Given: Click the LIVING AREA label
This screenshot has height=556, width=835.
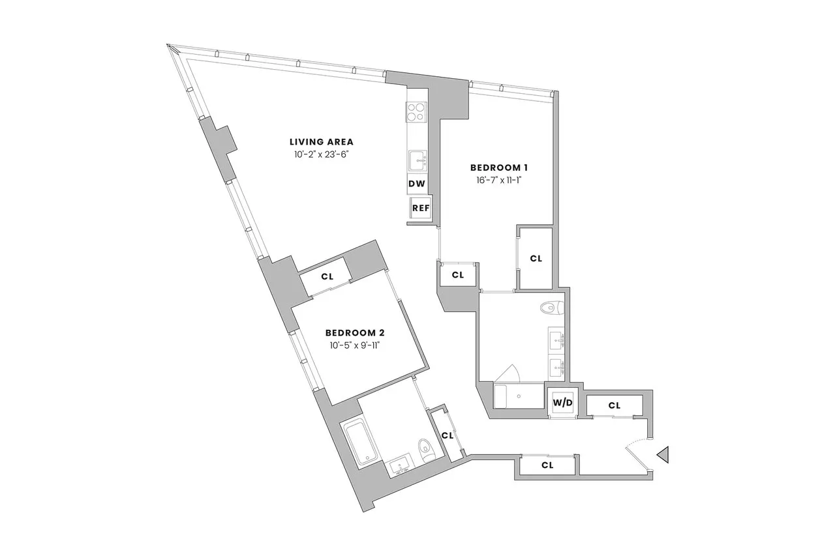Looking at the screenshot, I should click(322, 141).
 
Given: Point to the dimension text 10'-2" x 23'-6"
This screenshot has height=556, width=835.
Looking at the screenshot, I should click(322, 154).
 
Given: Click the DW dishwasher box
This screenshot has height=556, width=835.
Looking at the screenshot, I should click(417, 184).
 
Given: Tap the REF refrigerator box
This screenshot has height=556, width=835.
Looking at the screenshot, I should click(420, 209).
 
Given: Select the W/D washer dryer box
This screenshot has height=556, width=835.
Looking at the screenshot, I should click(562, 403).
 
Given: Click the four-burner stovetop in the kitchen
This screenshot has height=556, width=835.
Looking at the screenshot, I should click(416, 113).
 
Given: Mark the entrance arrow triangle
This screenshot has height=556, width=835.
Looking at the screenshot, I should click(663, 454).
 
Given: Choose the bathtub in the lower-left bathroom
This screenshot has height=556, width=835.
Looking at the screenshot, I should click(357, 442).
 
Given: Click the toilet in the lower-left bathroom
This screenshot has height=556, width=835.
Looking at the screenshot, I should click(425, 449).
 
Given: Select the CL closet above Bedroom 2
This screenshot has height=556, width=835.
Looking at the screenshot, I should click(327, 276).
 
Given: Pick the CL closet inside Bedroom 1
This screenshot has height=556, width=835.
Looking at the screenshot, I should click(536, 258).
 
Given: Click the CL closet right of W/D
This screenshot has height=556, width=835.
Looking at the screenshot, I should click(613, 405).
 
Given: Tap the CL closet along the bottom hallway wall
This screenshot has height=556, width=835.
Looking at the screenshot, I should click(547, 465).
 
